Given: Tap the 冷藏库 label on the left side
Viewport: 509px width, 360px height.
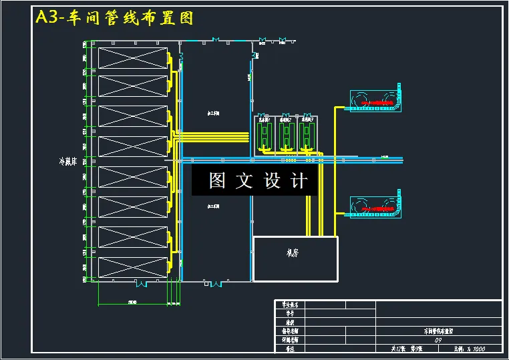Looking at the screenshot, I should pos(69,162).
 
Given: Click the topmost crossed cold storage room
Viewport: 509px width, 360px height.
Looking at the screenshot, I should pos(132,58).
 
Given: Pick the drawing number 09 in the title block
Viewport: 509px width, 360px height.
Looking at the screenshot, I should pos(438,340).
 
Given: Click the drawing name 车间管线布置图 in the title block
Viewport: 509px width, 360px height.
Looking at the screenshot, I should pos(438,331).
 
